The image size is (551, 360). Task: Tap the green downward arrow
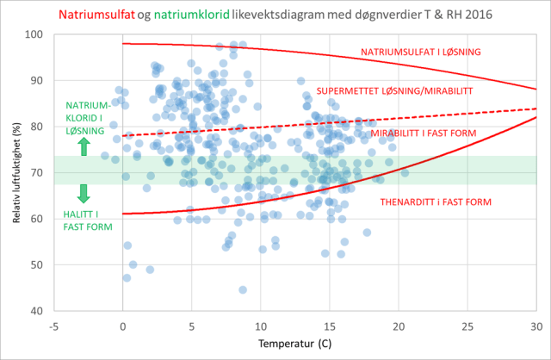coord(83,192)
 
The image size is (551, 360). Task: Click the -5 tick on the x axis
coord(53,326)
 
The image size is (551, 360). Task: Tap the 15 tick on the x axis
coord(329,326)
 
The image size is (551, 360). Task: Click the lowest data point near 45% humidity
coord(243,289)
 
